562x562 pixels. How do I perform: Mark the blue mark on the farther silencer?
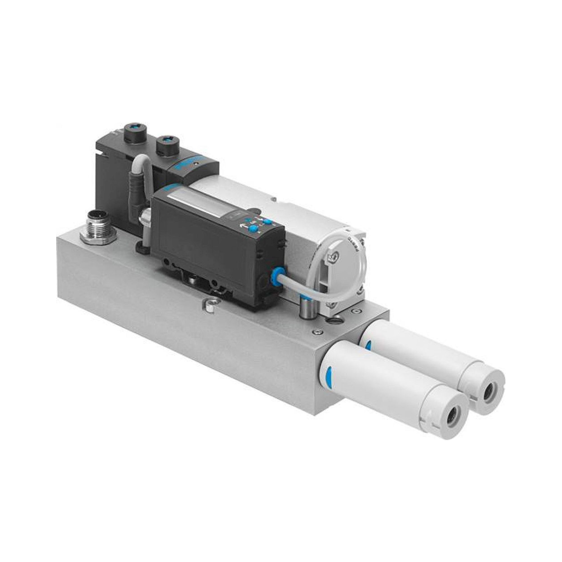(367, 345)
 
